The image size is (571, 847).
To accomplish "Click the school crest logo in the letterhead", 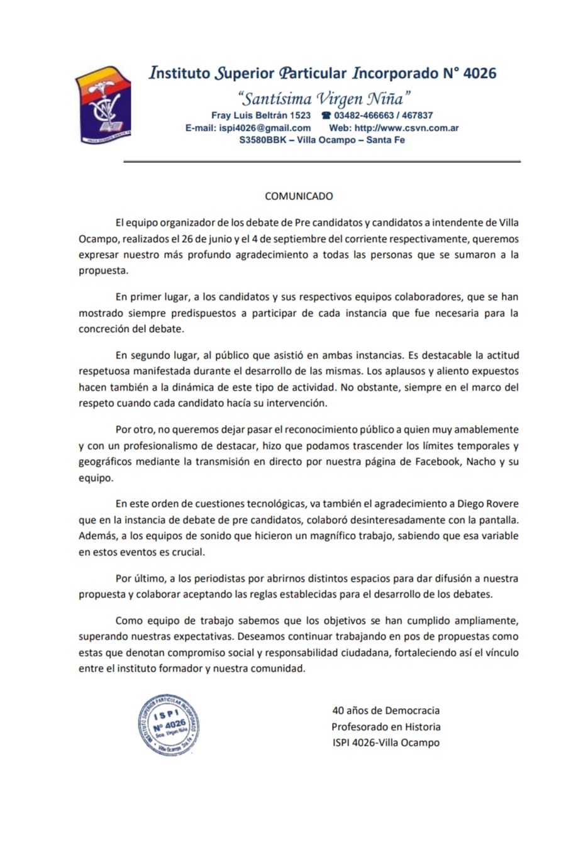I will pyautogui.click(x=103, y=103).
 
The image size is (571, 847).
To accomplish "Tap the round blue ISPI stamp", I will pyautogui.click(x=169, y=725).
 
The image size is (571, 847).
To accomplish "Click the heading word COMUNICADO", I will pyautogui.click(x=299, y=196).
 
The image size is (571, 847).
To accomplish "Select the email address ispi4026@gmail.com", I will pyautogui.click(x=265, y=128).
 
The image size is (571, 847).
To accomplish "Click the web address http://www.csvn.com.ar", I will pyautogui.click(x=406, y=128).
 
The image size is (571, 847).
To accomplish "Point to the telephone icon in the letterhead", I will pyautogui.click(x=326, y=116).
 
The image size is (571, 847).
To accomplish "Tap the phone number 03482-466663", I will pyautogui.click(x=364, y=116).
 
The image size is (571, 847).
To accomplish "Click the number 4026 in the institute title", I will pyautogui.click(x=479, y=74).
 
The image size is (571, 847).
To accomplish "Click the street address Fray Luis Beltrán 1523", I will pyautogui.click(x=261, y=116).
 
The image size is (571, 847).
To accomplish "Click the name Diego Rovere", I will pyautogui.click(x=488, y=504).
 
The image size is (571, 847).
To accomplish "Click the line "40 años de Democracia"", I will pyautogui.click(x=386, y=711).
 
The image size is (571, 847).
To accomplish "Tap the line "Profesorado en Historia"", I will pyautogui.click(x=386, y=727).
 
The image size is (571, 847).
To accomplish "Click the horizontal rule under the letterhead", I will pyautogui.click(x=322, y=162).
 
